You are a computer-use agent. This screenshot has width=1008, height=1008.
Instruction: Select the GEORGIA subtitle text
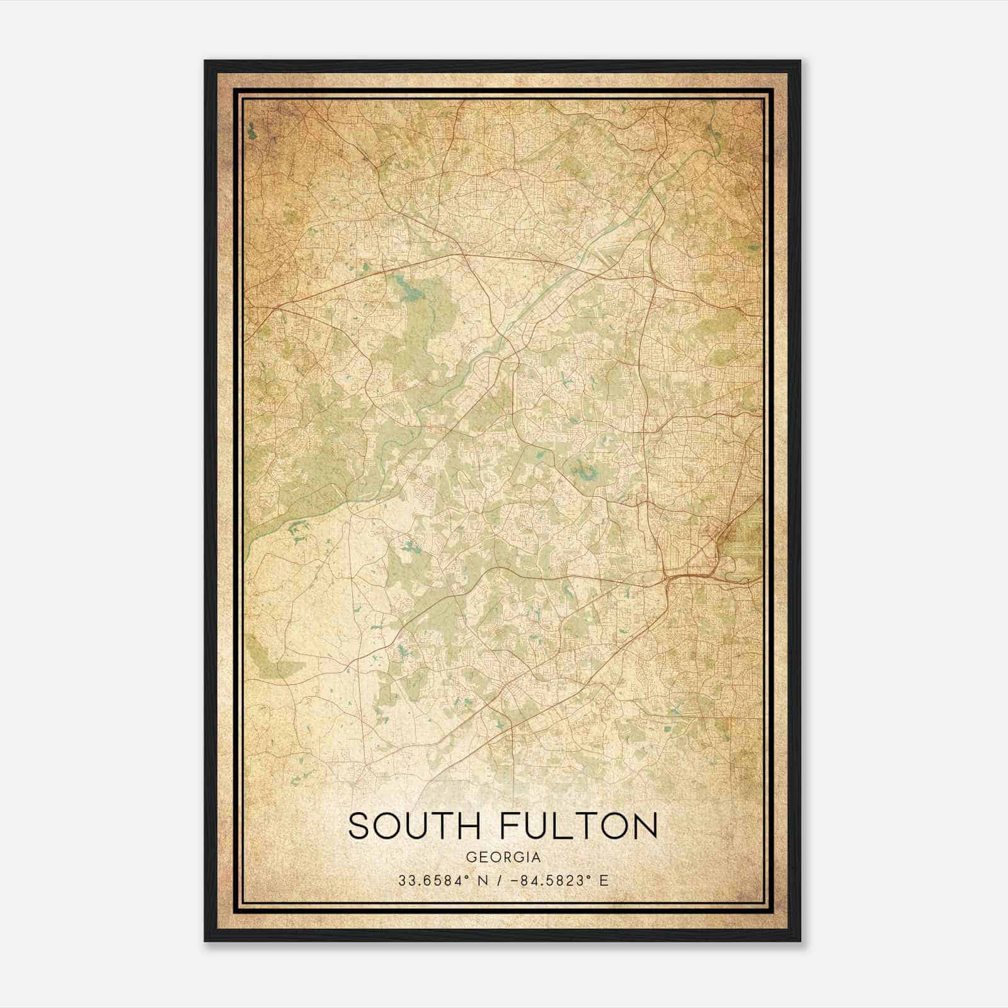coord(503,857)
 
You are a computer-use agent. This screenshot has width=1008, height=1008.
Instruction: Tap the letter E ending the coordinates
coord(604,881)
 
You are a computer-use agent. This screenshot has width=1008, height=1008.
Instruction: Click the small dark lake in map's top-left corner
coord(252,132)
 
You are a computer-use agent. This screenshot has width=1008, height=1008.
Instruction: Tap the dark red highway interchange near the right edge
coord(684,575)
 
